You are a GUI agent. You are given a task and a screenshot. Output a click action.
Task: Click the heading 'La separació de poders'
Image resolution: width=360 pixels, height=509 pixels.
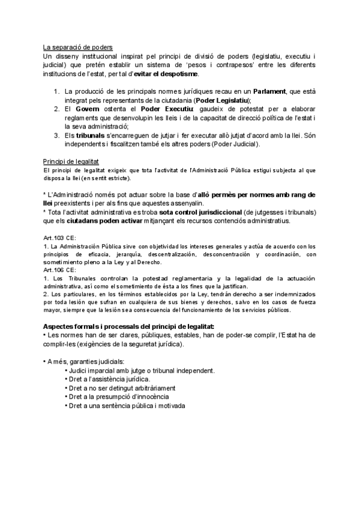77,47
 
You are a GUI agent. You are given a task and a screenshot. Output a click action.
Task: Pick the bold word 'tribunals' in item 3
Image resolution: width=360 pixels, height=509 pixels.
92,135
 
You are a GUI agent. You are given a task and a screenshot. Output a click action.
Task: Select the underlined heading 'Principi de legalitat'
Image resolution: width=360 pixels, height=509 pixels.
71,162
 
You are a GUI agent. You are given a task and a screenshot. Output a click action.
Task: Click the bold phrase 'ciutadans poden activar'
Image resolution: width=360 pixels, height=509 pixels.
106,221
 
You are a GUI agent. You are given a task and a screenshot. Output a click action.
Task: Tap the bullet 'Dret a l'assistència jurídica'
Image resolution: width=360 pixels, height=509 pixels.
109,379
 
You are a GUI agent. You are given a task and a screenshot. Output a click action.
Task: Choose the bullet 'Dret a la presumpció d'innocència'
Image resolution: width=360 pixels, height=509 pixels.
118,397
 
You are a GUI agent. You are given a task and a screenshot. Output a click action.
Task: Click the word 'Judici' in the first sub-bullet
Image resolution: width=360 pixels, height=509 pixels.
79,370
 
